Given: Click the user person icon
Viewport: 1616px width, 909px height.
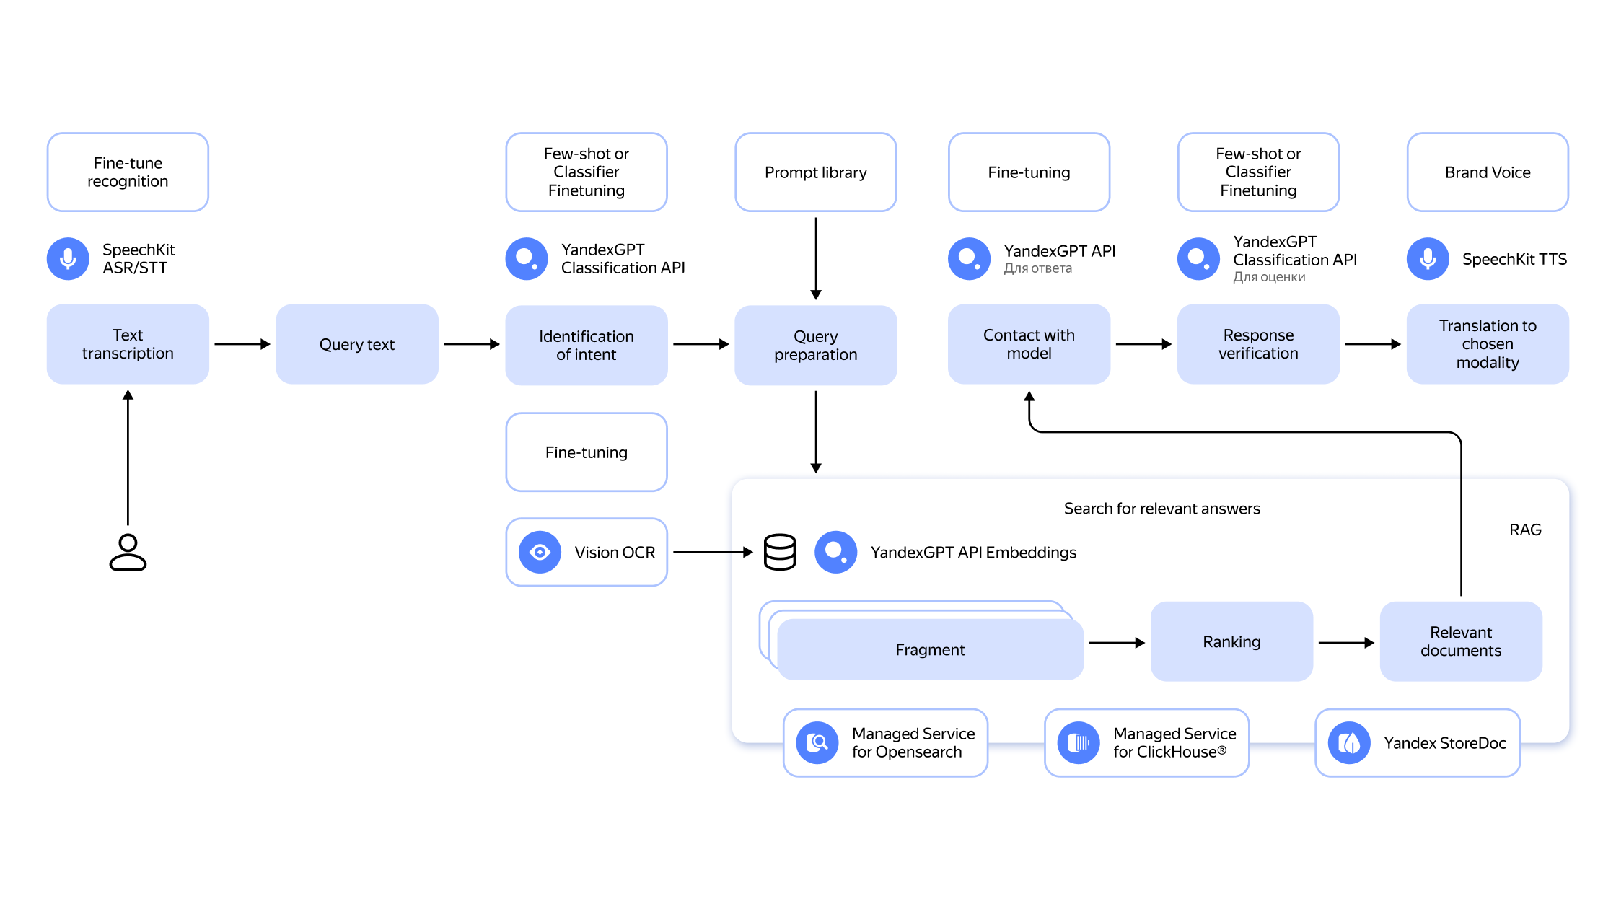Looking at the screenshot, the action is [x=128, y=553].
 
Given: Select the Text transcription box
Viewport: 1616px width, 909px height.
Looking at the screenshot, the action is [x=128, y=344].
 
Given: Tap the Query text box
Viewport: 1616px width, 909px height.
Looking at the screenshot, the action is [x=357, y=344].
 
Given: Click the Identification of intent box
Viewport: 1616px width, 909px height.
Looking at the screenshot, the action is [x=587, y=345].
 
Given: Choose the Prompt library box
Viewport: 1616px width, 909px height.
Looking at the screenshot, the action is [x=816, y=172].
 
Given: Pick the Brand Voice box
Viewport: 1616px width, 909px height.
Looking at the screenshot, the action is [x=1488, y=172].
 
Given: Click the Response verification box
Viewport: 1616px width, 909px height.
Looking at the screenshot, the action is [x=1258, y=344].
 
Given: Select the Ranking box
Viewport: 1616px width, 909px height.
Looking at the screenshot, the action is [x=1231, y=641].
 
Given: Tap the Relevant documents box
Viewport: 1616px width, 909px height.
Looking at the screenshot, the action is [x=1461, y=641].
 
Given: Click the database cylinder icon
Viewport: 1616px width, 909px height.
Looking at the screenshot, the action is [x=780, y=553].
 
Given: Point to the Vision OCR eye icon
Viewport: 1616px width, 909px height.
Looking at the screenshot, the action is [x=540, y=553].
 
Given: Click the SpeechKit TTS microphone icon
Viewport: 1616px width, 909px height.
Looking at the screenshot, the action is [x=1428, y=259].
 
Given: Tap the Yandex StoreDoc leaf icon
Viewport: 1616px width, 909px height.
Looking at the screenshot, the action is [x=1349, y=743].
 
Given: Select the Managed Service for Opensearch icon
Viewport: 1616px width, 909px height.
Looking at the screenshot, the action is [x=817, y=743].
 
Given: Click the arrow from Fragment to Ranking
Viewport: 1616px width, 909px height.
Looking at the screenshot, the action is [x=1117, y=642].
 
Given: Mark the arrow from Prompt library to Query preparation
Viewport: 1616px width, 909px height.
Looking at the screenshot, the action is [x=816, y=259].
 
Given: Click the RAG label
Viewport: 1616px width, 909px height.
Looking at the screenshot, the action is [x=1525, y=530].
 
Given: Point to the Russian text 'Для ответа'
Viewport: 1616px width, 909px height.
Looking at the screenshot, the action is [x=1037, y=268].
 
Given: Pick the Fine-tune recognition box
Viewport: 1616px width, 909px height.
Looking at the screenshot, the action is [x=128, y=172].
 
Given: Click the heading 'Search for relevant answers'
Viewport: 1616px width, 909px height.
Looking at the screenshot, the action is [x=1161, y=509].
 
